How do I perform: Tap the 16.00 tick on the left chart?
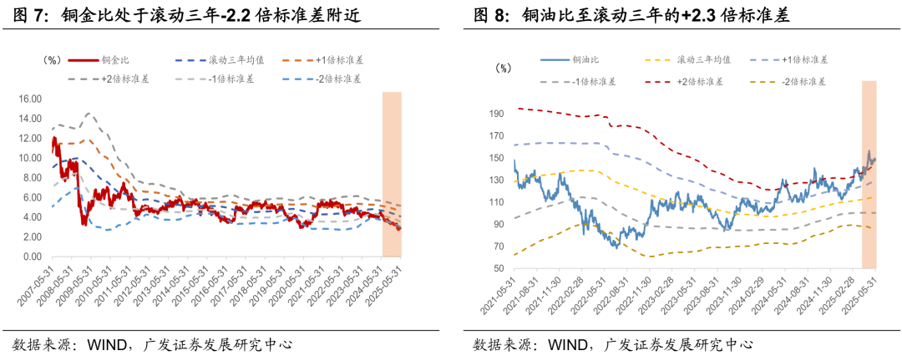30,99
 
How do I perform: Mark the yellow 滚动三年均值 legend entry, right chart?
702,61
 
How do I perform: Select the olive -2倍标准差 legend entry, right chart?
803,81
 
